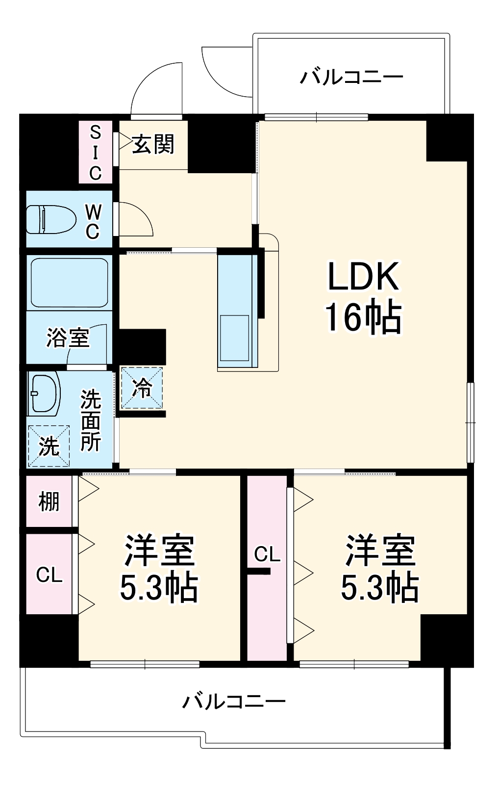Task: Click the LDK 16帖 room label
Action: (363, 297)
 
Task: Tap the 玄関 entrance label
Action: (153, 144)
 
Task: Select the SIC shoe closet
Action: (95, 152)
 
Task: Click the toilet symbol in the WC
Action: (50, 219)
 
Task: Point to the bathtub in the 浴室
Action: (69, 283)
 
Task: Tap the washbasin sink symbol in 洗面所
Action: (44, 392)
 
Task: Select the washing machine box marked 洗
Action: (49, 446)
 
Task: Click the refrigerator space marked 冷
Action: (142, 388)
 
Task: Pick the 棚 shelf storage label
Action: (49, 501)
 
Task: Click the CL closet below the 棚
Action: (49, 575)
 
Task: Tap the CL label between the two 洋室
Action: (267, 554)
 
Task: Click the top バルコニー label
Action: (351, 77)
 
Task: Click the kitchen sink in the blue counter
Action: (234, 339)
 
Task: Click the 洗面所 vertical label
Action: (91, 420)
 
